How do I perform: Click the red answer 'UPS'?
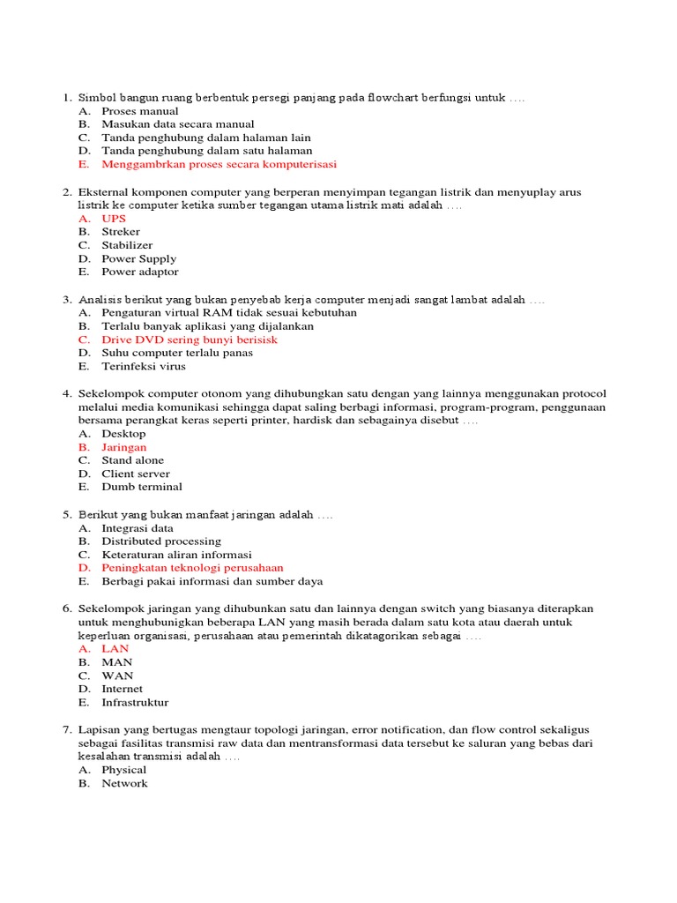pyautogui.click(x=115, y=219)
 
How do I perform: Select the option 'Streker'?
pyautogui.click(x=121, y=232)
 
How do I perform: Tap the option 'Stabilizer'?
pyautogui.click(x=127, y=245)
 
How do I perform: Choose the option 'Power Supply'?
pyautogui.click(x=138, y=258)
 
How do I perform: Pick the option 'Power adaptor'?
pyautogui.click(x=139, y=272)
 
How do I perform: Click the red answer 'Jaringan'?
pyautogui.click(x=124, y=447)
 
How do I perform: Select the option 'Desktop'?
pyautogui.click(x=123, y=434)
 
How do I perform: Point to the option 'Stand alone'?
pyautogui.click(x=132, y=460)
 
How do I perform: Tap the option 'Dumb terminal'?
pyautogui.click(x=142, y=487)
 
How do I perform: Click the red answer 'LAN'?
pyautogui.click(x=115, y=649)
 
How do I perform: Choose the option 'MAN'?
pyautogui.click(x=116, y=662)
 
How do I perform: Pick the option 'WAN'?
pyautogui.click(x=117, y=675)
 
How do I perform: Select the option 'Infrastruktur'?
pyautogui.click(x=135, y=703)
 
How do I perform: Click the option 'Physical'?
pyautogui.click(x=124, y=770)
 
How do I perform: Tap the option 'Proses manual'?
pyautogui.click(x=139, y=111)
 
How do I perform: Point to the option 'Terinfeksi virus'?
pyautogui.click(x=144, y=366)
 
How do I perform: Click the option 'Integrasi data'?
pyautogui.click(x=138, y=528)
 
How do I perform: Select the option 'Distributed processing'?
pyautogui.click(x=161, y=541)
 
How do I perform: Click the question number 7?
pyautogui.click(x=66, y=730)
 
